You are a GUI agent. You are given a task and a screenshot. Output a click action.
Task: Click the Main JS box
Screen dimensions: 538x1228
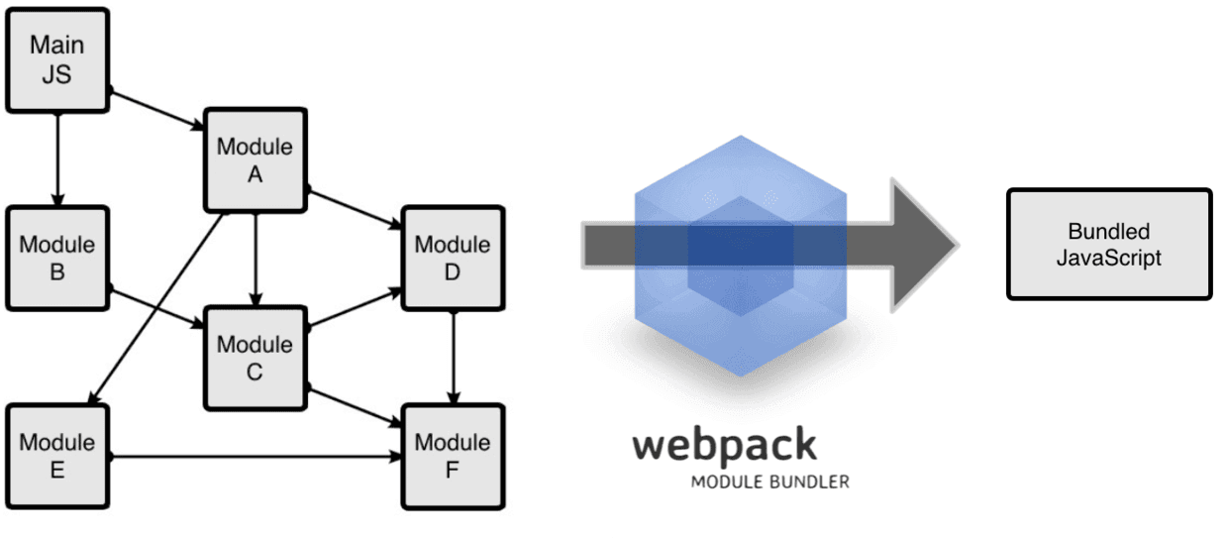coord(56,60)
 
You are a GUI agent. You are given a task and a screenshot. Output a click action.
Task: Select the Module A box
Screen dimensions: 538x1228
coord(255,160)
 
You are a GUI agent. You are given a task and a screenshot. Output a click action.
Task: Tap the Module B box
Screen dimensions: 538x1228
coord(56,258)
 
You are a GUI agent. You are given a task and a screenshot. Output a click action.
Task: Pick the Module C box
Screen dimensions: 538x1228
coord(255,358)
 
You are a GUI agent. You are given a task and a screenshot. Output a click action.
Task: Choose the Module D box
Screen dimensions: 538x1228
coord(452,258)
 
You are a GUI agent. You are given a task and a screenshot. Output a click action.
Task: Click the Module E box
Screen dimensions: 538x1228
coord(56,456)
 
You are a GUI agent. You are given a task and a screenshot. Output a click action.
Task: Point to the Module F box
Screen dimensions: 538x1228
coord(452,456)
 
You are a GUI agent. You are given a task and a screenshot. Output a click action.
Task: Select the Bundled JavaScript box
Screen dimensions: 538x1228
coord(1108,245)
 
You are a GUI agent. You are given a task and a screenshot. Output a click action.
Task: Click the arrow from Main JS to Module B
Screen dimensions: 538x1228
coord(57,159)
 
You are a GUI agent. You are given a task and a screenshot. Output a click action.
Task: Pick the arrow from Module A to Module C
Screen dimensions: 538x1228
coord(256,258)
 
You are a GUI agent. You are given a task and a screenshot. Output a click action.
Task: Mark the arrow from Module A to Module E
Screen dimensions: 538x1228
coord(158,308)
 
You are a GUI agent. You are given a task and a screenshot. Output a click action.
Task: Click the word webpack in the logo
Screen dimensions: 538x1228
coord(725,446)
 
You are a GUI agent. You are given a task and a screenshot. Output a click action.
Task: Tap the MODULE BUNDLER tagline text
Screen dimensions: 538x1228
coord(769,483)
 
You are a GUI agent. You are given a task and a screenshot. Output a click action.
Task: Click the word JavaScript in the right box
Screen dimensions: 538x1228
coord(1108,258)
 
